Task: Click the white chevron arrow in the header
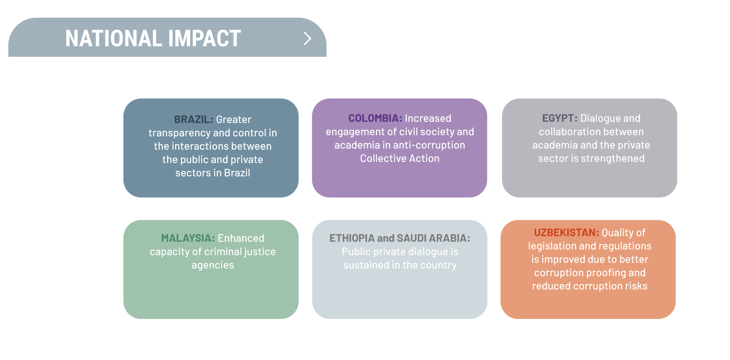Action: coord(307,38)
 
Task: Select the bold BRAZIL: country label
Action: coord(194,119)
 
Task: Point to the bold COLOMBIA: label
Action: coord(375,118)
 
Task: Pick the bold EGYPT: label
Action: coord(560,118)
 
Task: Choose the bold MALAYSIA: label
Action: coord(188,238)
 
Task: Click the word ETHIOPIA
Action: coord(352,238)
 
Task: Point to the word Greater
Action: coord(234,119)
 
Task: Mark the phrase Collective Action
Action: coord(400,158)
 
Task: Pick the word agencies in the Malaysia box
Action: coord(213,265)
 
